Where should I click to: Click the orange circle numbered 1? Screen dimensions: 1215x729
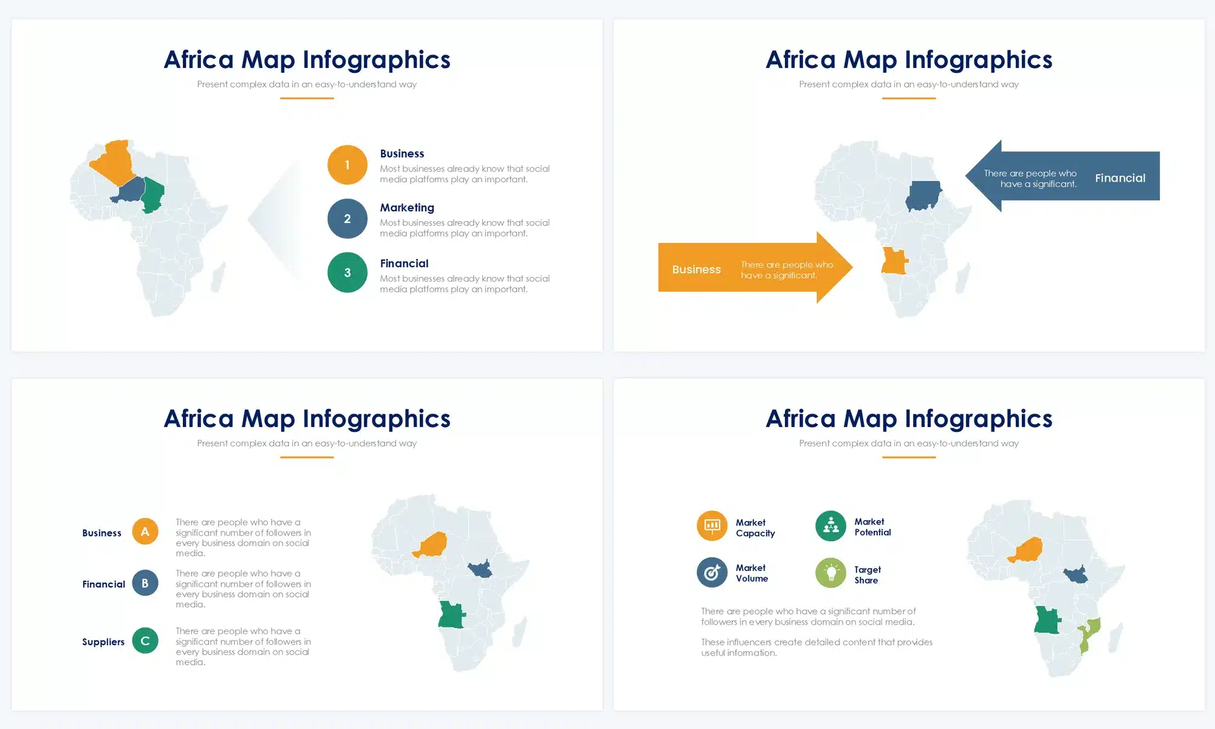click(x=347, y=165)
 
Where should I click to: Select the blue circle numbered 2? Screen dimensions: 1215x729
click(x=347, y=219)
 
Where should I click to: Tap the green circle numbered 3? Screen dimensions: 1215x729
click(x=347, y=273)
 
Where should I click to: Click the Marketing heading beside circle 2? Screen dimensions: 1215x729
click(x=407, y=208)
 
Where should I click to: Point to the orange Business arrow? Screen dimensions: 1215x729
click(x=755, y=267)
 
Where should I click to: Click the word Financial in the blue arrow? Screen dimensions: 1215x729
click(x=1120, y=178)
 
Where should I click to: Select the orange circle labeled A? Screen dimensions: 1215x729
click(x=145, y=532)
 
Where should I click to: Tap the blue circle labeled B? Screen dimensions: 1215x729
click(x=145, y=583)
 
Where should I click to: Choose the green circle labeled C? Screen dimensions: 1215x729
click(x=145, y=640)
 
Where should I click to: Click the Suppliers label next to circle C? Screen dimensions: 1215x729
click(x=103, y=642)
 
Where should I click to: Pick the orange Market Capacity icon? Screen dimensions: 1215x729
click(x=712, y=525)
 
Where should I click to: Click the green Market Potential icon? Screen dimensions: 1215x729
click(x=830, y=526)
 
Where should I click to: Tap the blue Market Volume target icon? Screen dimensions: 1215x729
click(x=712, y=572)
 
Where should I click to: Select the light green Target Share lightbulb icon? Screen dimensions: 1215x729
click(x=830, y=573)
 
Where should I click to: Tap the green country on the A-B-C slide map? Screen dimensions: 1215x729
click(x=451, y=615)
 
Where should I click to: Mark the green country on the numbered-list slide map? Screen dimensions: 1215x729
click(x=153, y=194)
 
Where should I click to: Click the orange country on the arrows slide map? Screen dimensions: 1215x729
click(x=894, y=261)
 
